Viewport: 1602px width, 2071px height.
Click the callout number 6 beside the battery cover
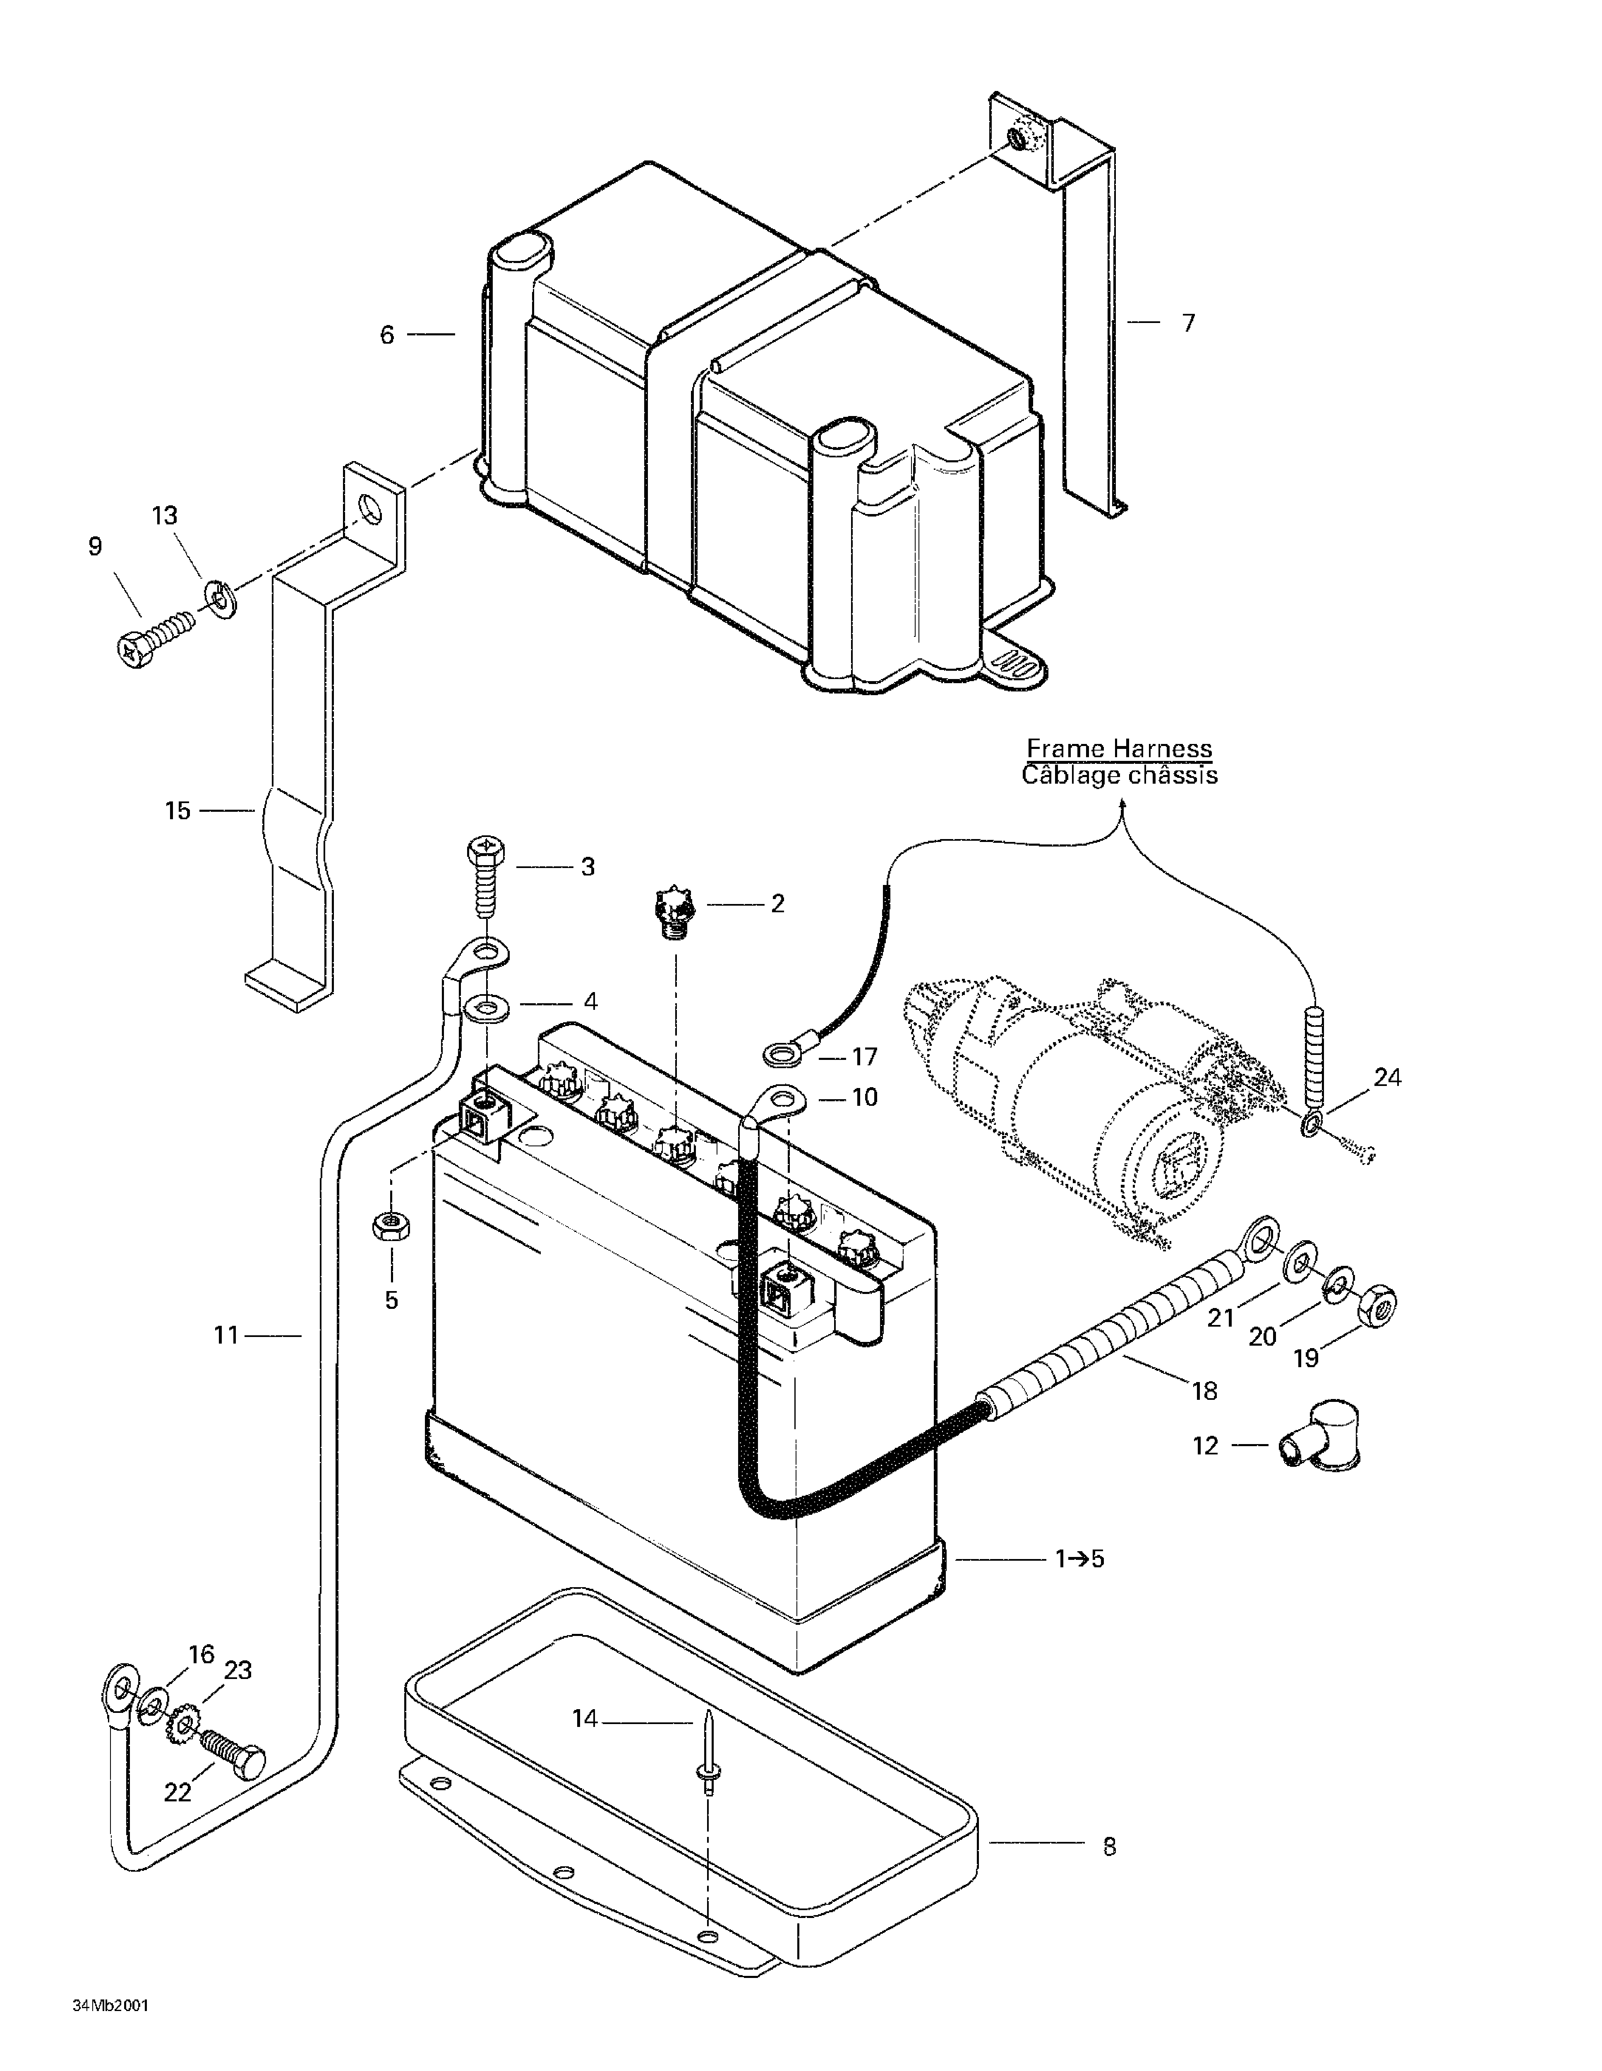click(x=387, y=335)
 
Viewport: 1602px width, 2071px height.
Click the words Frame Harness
click(x=1119, y=749)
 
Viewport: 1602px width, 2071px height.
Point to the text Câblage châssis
click(x=1119, y=776)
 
